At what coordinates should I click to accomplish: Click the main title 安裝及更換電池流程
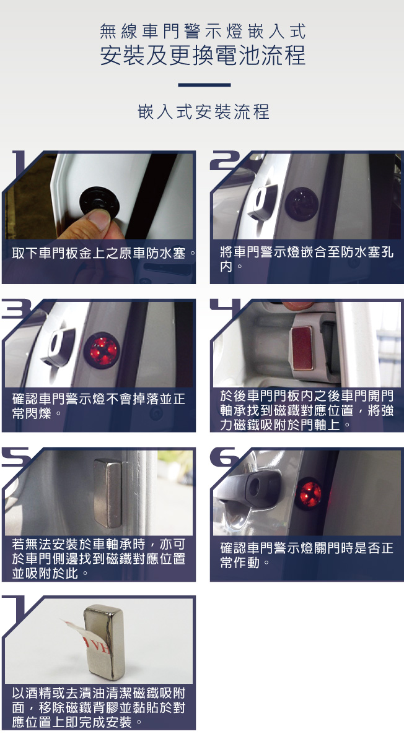pos(203,54)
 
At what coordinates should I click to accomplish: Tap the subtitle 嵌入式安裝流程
pos(203,113)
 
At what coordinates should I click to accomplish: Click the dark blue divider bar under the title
pos(204,85)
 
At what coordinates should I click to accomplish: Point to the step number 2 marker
pos(229,160)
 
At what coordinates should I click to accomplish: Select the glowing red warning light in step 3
pos(101,350)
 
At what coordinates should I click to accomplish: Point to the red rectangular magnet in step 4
pos(302,347)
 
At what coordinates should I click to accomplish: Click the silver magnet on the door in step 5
pos(107,493)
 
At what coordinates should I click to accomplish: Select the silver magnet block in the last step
pos(105,641)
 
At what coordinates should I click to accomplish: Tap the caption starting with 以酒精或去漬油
pos(99,707)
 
